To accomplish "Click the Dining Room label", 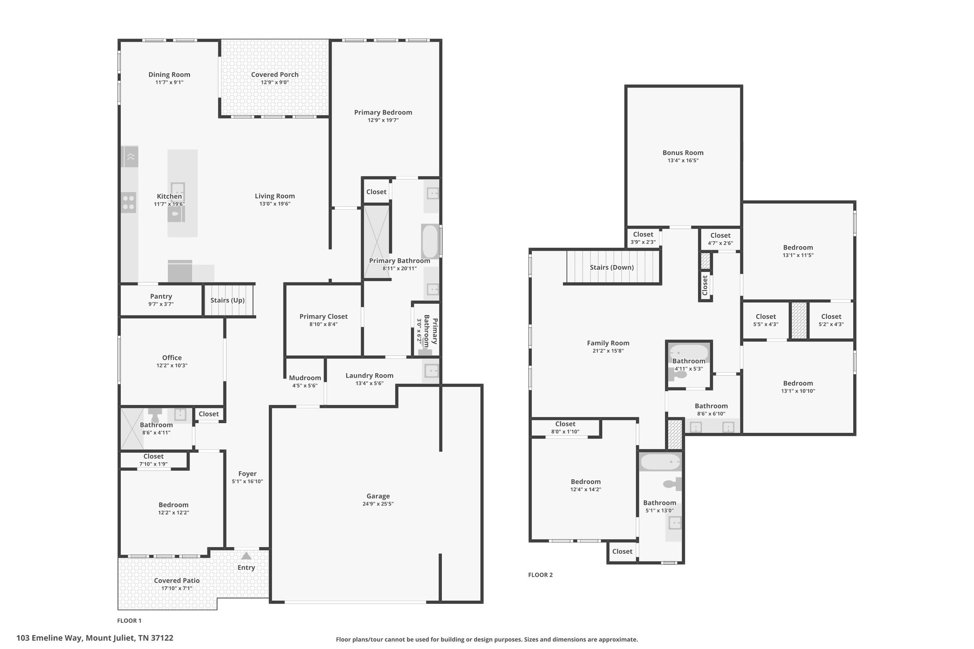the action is coord(169,75).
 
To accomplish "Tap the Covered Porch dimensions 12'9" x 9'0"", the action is coord(275,82).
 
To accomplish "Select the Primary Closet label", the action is coord(323,317).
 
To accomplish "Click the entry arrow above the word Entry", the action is coord(246,555).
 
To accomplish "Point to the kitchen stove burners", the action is coord(128,202).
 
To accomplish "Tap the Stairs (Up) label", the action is coord(227,300).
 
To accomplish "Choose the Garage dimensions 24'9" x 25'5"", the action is coord(378,504).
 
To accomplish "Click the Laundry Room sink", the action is coord(431,370).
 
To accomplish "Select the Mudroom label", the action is coord(305,378).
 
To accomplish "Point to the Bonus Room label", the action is coord(683,153).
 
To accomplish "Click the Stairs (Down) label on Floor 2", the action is coord(612,267).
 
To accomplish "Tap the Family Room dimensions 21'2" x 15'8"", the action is coord(608,351).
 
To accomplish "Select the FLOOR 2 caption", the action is coord(540,575).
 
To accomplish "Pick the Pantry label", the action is coord(161,296).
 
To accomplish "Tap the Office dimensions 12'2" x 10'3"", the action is coord(172,366).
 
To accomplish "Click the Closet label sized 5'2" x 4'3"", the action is coord(831,317).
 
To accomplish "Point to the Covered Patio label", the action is coord(177,581).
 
